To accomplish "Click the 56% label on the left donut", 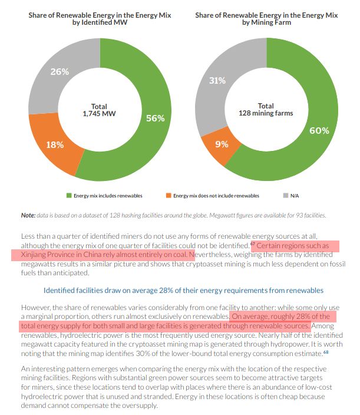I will (155, 118).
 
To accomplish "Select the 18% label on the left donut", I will (55, 144).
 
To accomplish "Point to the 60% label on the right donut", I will (319, 130).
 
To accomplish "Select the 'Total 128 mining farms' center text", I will (265, 110).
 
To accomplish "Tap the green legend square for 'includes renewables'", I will (68, 195).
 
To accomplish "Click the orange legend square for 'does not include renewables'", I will (168, 195).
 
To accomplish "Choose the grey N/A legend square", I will (286, 195).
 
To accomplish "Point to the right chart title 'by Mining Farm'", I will (266, 22).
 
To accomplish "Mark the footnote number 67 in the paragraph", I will (252, 243).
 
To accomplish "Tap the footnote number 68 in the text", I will (325, 352).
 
